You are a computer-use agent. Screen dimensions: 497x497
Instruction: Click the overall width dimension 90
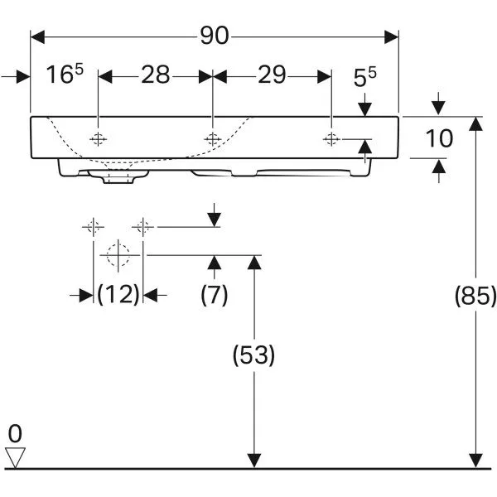tap(215, 36)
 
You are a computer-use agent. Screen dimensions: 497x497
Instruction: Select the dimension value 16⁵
tap(65, 75)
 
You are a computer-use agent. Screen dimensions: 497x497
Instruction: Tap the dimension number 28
tap(155, 75)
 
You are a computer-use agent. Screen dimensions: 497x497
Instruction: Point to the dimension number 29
tap(271, 75)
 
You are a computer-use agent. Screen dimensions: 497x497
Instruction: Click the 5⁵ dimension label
tap(365, 79)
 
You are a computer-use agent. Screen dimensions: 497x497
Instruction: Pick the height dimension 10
tap(439, 138)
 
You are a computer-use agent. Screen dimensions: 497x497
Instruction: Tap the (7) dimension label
tap(215, 295)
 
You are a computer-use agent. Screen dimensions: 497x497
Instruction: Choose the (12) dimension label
tap(118, 294)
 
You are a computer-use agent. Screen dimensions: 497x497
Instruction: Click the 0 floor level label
tap(14, 432)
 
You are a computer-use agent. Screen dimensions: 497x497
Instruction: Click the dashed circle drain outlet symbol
tap(118, 255)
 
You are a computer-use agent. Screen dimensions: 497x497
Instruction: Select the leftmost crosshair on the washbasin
tap(99, 138)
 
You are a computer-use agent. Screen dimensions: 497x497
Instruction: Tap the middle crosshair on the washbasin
tap(214, 138)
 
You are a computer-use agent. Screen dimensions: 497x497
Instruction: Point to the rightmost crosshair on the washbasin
tap(331, 138)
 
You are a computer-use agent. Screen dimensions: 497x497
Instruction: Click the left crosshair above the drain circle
tap(93, 225)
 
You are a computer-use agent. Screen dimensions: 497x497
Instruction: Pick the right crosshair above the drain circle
tap(143, 225)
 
